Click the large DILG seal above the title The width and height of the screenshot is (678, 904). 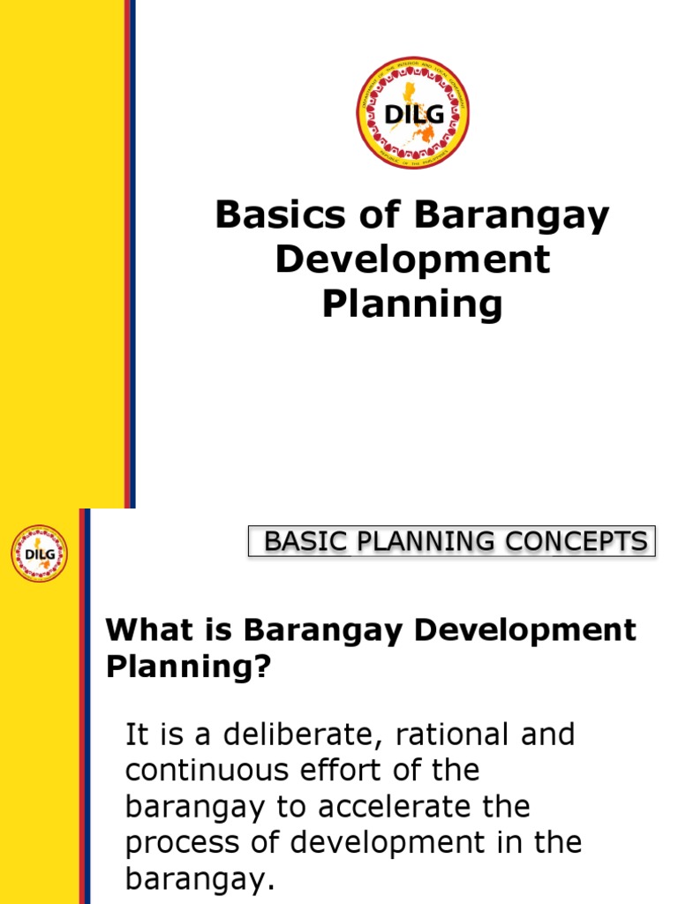pyautogui.click(x=412, y=114)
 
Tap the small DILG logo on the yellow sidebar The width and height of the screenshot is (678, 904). pyautogui.click(x=39, y=554)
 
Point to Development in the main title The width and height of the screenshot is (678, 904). pyautogui.click(x=412, y=260)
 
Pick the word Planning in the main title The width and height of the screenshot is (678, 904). pyautogui.click(x=412, y=305)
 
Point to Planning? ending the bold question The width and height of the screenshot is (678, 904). pyautogui.click(x=186, y=667)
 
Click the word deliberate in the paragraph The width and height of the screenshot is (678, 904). pyautogui.click(x=274, y=734)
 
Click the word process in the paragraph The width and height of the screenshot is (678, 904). pyautogui.click(x=175, y=843)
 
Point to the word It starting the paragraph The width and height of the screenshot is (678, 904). pyautogui.click(x=138, y=734)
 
